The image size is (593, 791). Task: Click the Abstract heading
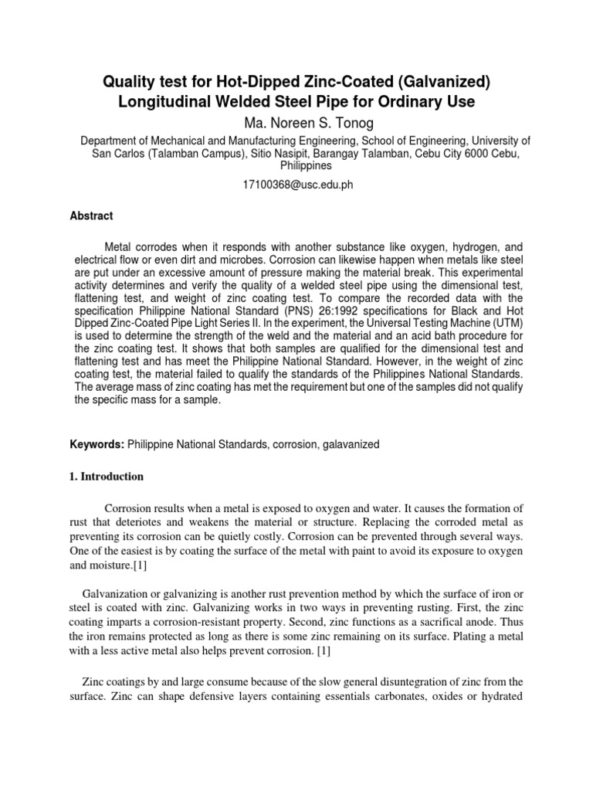[x=92, y=216]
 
